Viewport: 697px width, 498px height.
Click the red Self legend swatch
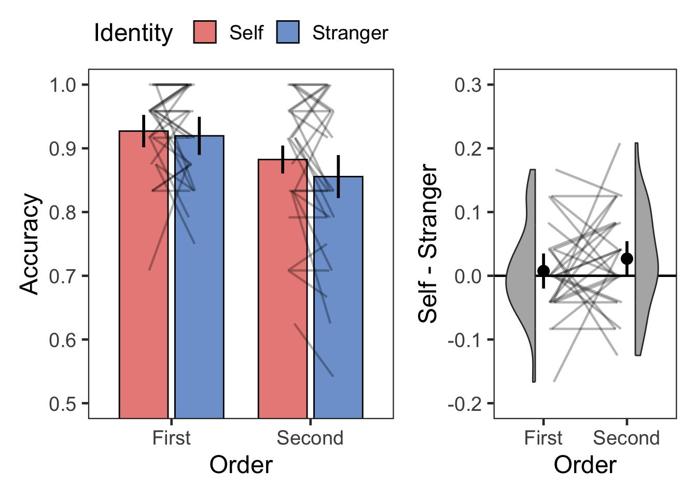click(x=205, y=32)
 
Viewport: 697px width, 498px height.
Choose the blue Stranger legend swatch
click(x=288, y=32)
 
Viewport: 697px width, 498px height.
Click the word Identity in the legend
click(x=133, y=33)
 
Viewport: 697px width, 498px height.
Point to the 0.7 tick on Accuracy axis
click(x=61, y=276)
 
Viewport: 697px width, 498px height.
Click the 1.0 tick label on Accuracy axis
click(x=61, y=85)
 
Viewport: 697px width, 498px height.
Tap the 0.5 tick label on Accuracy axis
click(x=61, y=404)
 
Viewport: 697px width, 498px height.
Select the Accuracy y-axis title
click(x=30, y=244)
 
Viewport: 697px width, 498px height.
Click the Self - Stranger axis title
click(x=428, y=244)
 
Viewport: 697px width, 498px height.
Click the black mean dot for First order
click(x=543, y=271)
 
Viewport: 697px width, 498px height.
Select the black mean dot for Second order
click(x=627, y=258)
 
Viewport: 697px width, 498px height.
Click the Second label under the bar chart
click(x=310, y=438)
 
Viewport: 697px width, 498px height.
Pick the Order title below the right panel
click(x=585, y=465)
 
